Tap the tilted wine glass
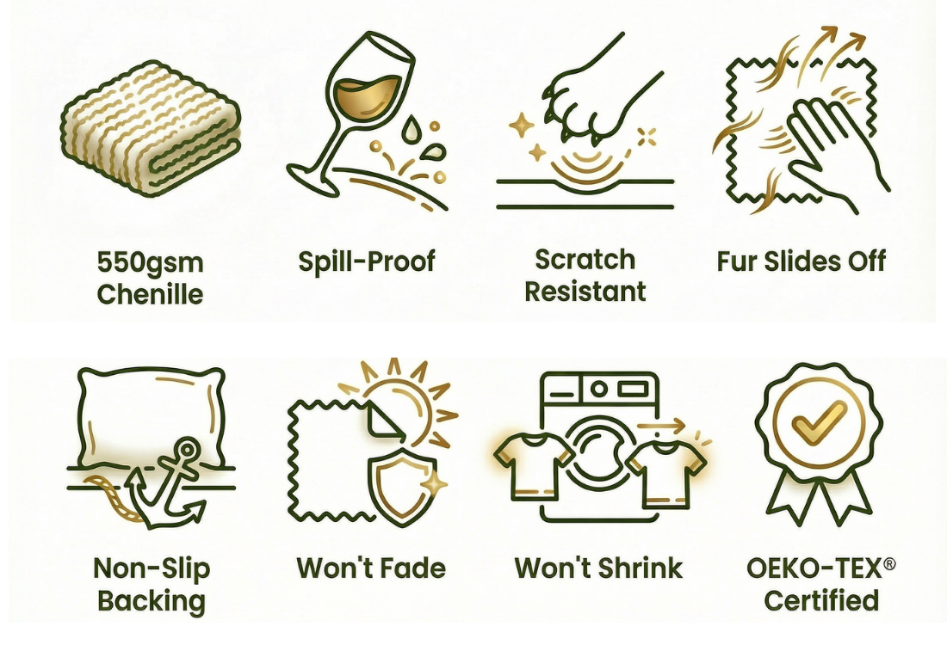(x=350, y=108)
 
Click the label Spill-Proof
(x=367, y=261)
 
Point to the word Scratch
(x=585, y=260)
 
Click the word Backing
(x=151, y=601)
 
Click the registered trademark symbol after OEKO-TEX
(x=889, y=563)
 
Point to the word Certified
(x=821, y=600)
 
